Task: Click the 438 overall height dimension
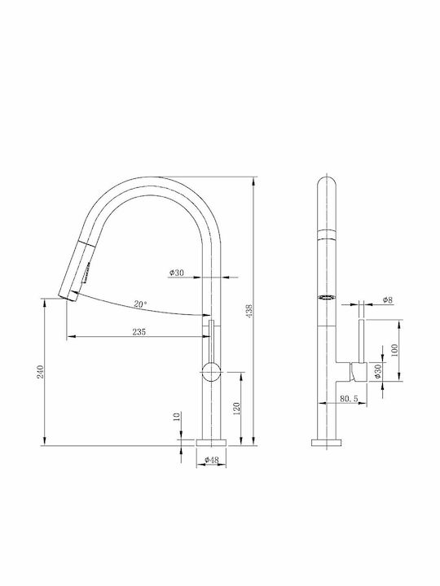click(249, 311)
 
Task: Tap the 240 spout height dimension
click(41, 371)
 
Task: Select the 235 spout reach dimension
click(139, 332)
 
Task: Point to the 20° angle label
click(140, 304)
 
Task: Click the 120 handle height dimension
click(236, 409)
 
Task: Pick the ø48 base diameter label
click(212, 460)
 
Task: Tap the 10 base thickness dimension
click(178, 416)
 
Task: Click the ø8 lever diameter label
click(388, 300)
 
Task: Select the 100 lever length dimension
click(394, 350)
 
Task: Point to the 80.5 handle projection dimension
click(349, 399)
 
